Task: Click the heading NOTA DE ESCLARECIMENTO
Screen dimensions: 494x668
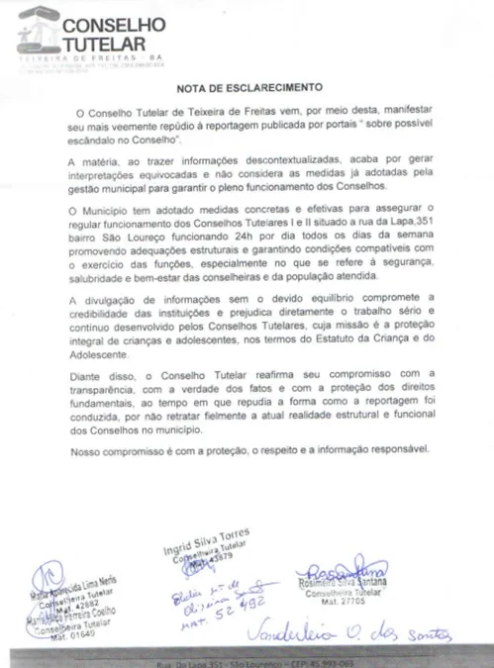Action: tap(246, 87)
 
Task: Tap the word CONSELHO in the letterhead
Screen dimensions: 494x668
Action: tap(114, 24)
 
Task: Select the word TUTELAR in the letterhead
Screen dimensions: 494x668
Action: tap(103, 45)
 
